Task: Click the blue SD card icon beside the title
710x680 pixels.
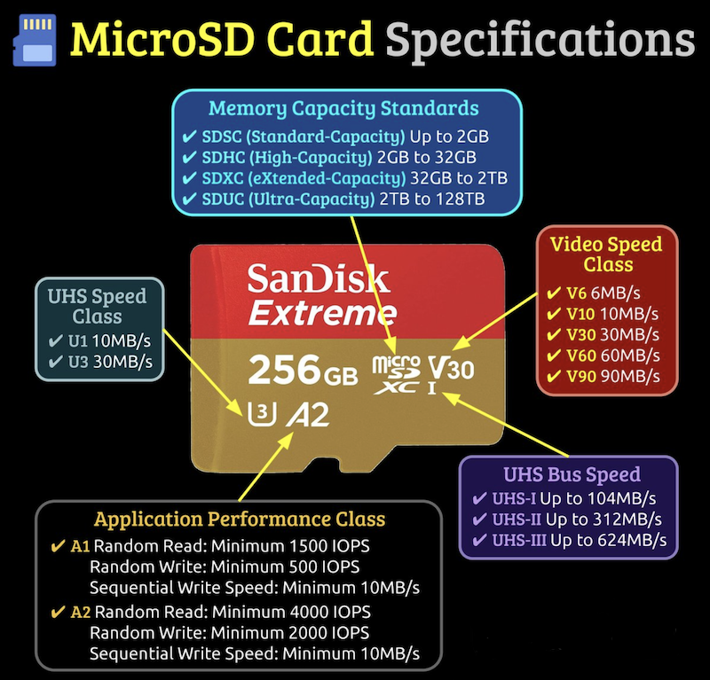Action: coord(35,40)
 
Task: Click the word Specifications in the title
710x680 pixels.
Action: coord(540,42)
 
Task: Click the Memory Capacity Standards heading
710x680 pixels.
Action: coord(343,108)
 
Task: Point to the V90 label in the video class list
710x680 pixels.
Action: coord(581,376)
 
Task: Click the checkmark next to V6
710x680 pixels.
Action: coord(554,293)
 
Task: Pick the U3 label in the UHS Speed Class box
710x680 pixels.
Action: coord(78,362)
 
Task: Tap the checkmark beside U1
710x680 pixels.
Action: coord(56,340)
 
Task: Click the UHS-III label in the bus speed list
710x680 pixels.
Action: coord(519,540)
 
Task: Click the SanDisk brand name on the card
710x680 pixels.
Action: coord(319,278)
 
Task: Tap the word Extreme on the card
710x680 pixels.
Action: coord(322,313)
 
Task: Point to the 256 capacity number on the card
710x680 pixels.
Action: coord(285,370)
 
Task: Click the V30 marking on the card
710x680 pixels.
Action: coord(452,369)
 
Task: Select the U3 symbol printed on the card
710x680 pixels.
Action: coord(262,414)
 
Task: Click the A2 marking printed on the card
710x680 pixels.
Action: coord(308,415)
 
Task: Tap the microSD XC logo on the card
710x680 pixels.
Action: coord(396,375)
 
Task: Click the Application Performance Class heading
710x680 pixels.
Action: coord(240,519)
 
